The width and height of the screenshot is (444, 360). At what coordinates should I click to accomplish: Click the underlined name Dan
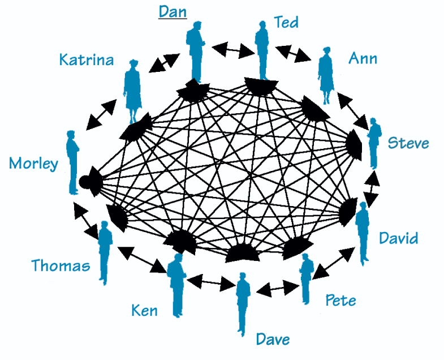[173, 11]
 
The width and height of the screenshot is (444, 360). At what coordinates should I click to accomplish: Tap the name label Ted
[286, 22]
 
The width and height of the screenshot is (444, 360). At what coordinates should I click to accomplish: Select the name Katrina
[87, 59]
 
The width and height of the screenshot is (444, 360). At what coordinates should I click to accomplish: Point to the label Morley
[33, 164]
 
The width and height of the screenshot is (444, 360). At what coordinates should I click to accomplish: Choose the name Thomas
[61, 265]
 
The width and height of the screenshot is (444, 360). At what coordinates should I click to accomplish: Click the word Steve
[408, 143]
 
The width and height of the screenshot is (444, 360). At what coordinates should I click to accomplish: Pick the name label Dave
[273, 339]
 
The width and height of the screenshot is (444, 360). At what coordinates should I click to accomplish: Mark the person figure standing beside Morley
[73, 162]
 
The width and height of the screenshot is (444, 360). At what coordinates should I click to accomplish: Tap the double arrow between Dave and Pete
[277, 289]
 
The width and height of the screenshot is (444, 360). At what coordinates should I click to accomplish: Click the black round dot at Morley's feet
[85, 182]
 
